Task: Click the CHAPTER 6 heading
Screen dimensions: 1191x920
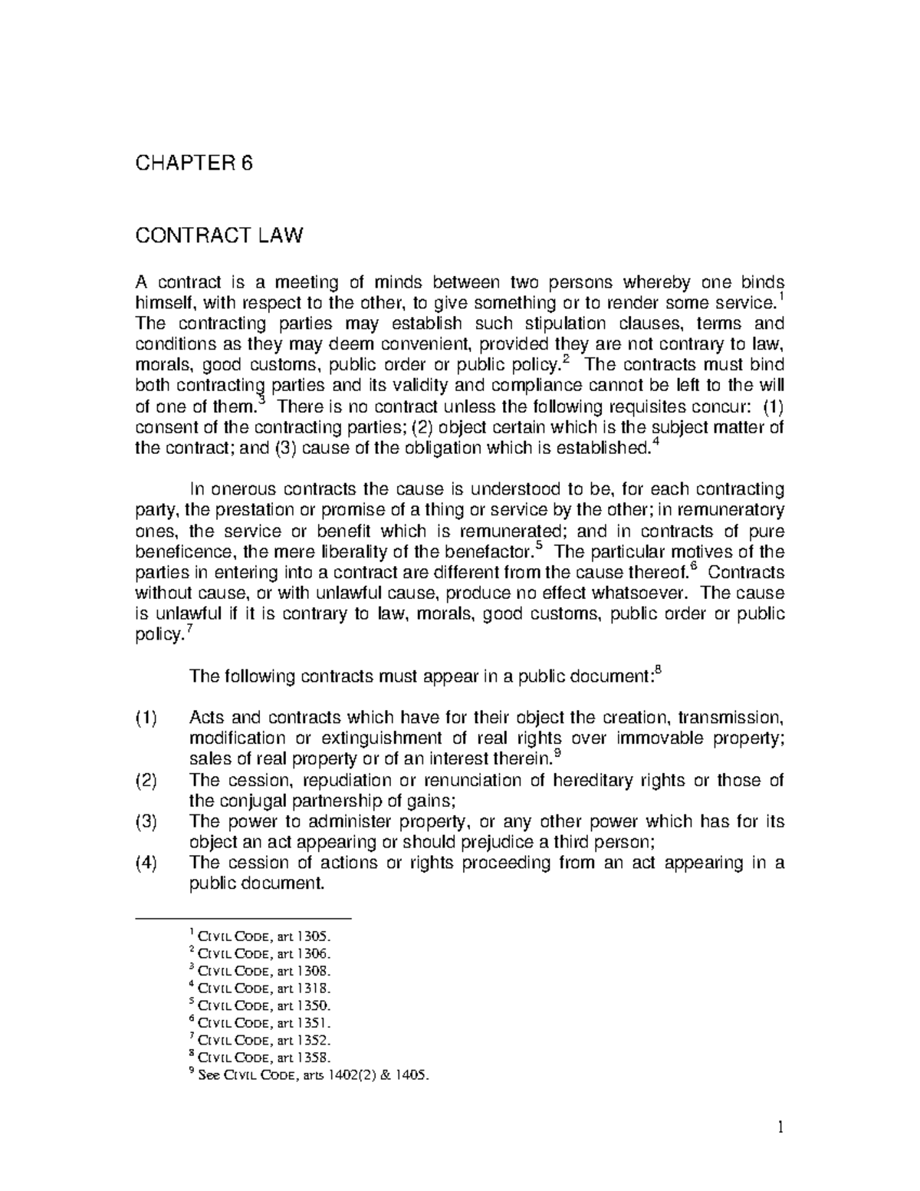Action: (193, 163)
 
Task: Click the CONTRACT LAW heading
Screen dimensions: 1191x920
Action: (219, 235)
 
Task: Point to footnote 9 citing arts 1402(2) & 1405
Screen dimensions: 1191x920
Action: (310, 1075)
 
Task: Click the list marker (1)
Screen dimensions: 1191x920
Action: (146, 719)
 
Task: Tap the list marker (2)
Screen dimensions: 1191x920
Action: (146, 781)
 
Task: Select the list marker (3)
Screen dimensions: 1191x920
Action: (146, 822)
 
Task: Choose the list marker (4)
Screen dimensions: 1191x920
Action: (146, 863)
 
